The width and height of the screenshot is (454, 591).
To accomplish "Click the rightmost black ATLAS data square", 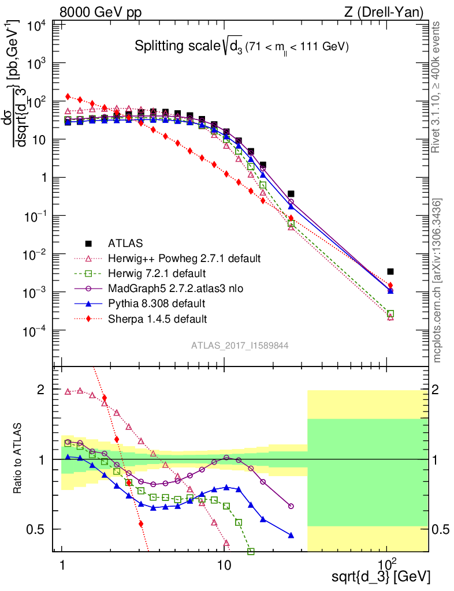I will [x=390, y=271].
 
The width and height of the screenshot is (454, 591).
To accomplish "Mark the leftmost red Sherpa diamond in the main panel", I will [x=68, y=96].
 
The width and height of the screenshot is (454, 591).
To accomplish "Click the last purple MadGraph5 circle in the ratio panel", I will [x=291, y=506].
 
